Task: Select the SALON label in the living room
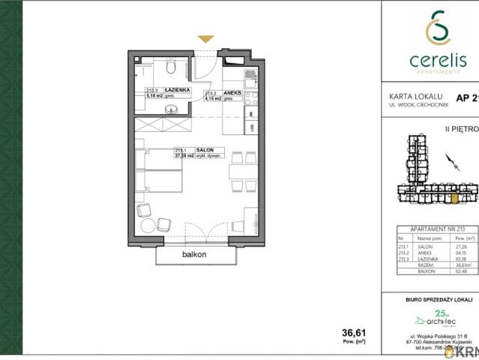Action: tap(205, 150)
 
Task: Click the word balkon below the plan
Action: tap(193, 255)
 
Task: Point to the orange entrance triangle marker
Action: tap(205, 39)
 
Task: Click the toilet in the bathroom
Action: tap(172, 69)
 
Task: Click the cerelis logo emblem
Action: tap(432, 29)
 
